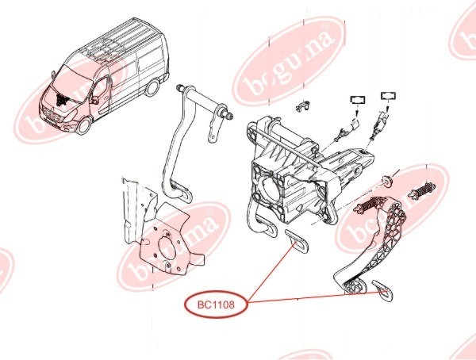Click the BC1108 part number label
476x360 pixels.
click(x=216, y=304)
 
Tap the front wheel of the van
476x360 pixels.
click(x=83, y=125)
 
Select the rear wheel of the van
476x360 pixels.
click(x=152, y=88)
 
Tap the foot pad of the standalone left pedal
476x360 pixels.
click(x=182, y=193)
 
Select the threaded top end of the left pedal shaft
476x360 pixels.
click(x=180, y=87)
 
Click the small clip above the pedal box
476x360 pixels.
click(x=303, y=105)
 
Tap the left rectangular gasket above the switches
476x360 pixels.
click(x=358, y=99)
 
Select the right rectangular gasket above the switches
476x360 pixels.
click(x=388, y=96)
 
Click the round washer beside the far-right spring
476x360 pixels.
click(x=387, y=181)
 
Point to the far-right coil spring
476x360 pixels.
click(x=423, y=191)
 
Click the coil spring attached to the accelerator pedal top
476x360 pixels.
click(x=368, y=204)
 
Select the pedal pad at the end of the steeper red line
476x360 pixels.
click(x=297, y=241)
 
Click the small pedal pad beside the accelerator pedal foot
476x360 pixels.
click(x=382, y=289)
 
